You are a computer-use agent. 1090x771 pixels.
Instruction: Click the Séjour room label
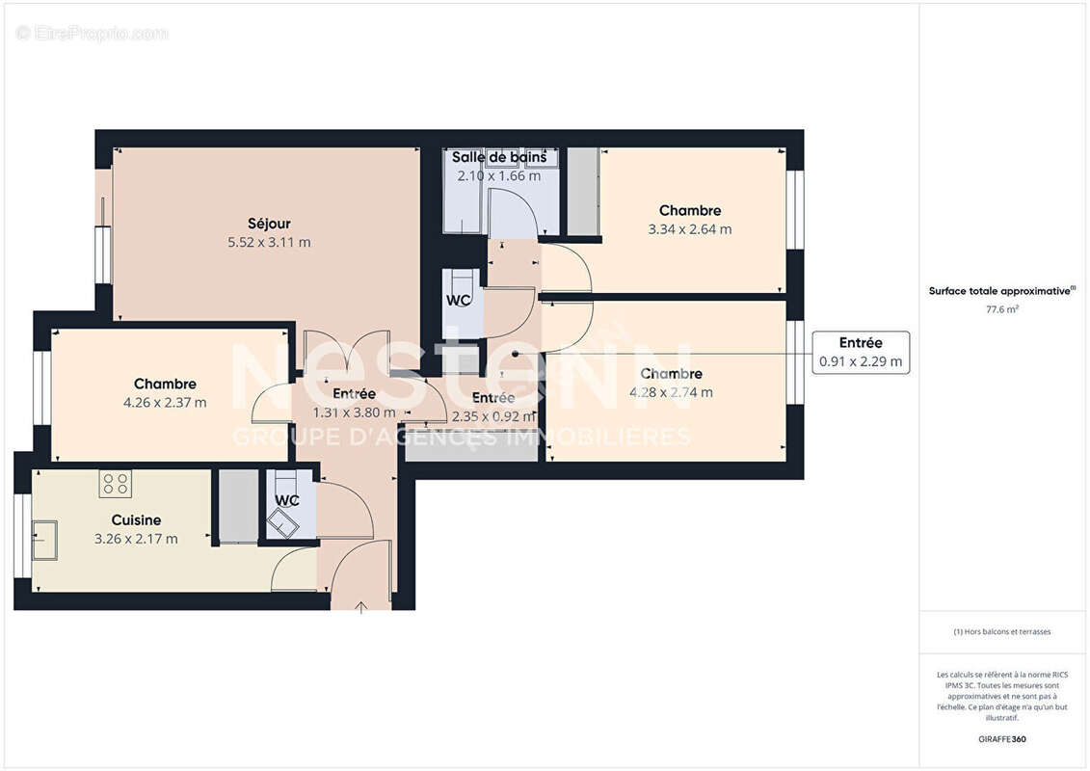pyautogui.click(x=269, y=224)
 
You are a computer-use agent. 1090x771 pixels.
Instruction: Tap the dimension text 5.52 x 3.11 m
pyautogui.click(x=269, y=243)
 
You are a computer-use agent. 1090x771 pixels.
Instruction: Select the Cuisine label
pyautogui.click(x=136, y=520)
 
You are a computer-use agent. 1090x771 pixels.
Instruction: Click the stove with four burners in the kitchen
pyautogui.click(x=116, y=483)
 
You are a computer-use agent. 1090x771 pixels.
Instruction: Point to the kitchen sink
pyautogui.click(x=44, y=540)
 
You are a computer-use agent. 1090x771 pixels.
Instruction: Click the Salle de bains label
pyautogui.click(x=499, y=157)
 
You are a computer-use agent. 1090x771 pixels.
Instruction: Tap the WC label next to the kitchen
pyautogui.click(x=287, y=501)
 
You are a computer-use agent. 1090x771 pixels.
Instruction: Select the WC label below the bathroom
pyautogui.click(x=459, y=300)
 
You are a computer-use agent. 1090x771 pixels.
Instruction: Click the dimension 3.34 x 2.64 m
pyautogui.click(x=690, y=229)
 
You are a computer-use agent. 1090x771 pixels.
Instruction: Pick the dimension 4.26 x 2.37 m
pyautogui.click(x=165, y=403)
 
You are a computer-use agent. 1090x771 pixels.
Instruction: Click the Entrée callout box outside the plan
pyautogui.click(x=861, y=353)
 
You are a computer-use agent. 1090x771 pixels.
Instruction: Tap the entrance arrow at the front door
pyautogui.click(x=361, y=607)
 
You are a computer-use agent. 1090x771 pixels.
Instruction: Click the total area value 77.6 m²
pyautogui.click(x=1002, y=309)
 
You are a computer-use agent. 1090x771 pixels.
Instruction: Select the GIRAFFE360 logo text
pyautogui.click(x=1002, y=739)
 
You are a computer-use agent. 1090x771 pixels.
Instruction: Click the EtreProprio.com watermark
pyautogui.click(x=93, y=33)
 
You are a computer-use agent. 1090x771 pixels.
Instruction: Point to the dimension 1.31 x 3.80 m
pyautogui.click(x=355, y=412)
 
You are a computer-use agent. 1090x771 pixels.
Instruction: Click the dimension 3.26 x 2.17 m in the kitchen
pyautogui.click(x=136, y=539)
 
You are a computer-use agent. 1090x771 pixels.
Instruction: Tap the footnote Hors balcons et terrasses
pyautogui.click(x=1002, y=632)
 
